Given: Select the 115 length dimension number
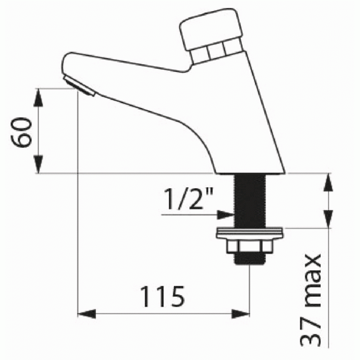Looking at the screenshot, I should [x=161, y=297].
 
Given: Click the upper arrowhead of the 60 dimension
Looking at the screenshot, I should [x=38, y=96].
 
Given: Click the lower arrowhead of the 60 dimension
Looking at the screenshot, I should [x=38, y=165].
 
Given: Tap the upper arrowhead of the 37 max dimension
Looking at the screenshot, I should [x=329, y=182].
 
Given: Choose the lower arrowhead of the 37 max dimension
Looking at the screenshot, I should [x=329, y=219].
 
